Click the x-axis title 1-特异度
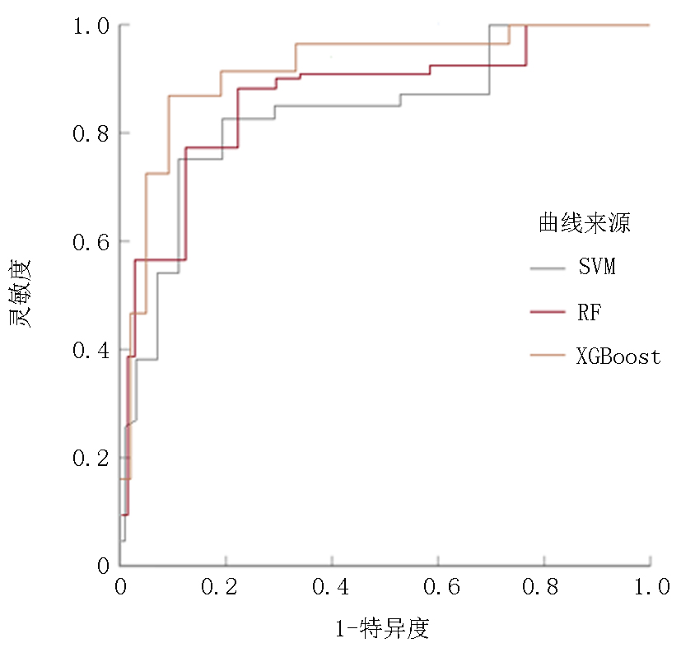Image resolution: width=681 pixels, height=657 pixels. coord(382,630)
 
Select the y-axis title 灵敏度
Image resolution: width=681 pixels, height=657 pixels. coord(21,294)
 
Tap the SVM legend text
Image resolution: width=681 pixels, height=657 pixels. coord(597,268)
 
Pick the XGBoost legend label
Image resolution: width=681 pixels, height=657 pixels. coord(618,356)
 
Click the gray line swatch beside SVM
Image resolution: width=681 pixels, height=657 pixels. coord(548,268)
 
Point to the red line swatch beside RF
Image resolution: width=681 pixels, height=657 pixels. coord(548,312)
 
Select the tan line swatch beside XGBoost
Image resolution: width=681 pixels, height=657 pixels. coord(548,356)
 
